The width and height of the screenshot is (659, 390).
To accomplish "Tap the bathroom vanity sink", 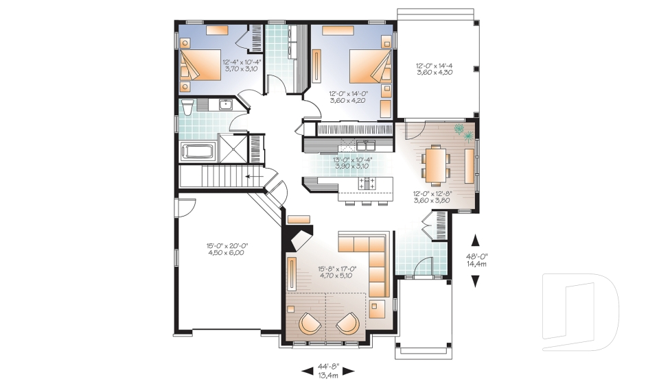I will pos(224,105).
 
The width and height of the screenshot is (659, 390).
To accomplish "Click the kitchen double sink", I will pos(365,145).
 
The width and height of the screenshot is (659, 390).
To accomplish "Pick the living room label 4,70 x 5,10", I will pos(336,276).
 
